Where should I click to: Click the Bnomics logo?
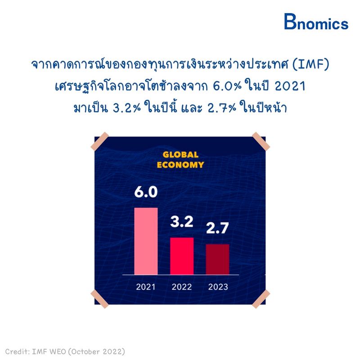coord(316,22)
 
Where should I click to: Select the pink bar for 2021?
coord(146,241)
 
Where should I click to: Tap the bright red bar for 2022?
coord(182,256)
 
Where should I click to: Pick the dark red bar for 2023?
coord(218,259)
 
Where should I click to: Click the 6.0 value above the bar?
coord(146,192)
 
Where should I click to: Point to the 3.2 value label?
coord(182,221)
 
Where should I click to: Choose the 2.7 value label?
coord(217,228)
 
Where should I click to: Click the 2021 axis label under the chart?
coord(145,287)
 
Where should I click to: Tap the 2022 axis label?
coord(182,287)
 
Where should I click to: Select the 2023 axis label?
coord(218,287)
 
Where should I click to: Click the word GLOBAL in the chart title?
coord(180,155)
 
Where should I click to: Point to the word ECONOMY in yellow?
coord(180,165)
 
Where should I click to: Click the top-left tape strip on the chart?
coord(99,141)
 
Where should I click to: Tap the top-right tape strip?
coord(261,141)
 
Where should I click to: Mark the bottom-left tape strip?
coord(99,299)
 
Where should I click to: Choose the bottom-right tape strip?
coord(261,299)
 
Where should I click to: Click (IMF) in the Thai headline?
coord(311,64)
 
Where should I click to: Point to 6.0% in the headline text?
coord(227,86)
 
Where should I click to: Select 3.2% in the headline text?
coord(126,108)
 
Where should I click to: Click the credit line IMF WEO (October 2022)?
coord(78,351)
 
